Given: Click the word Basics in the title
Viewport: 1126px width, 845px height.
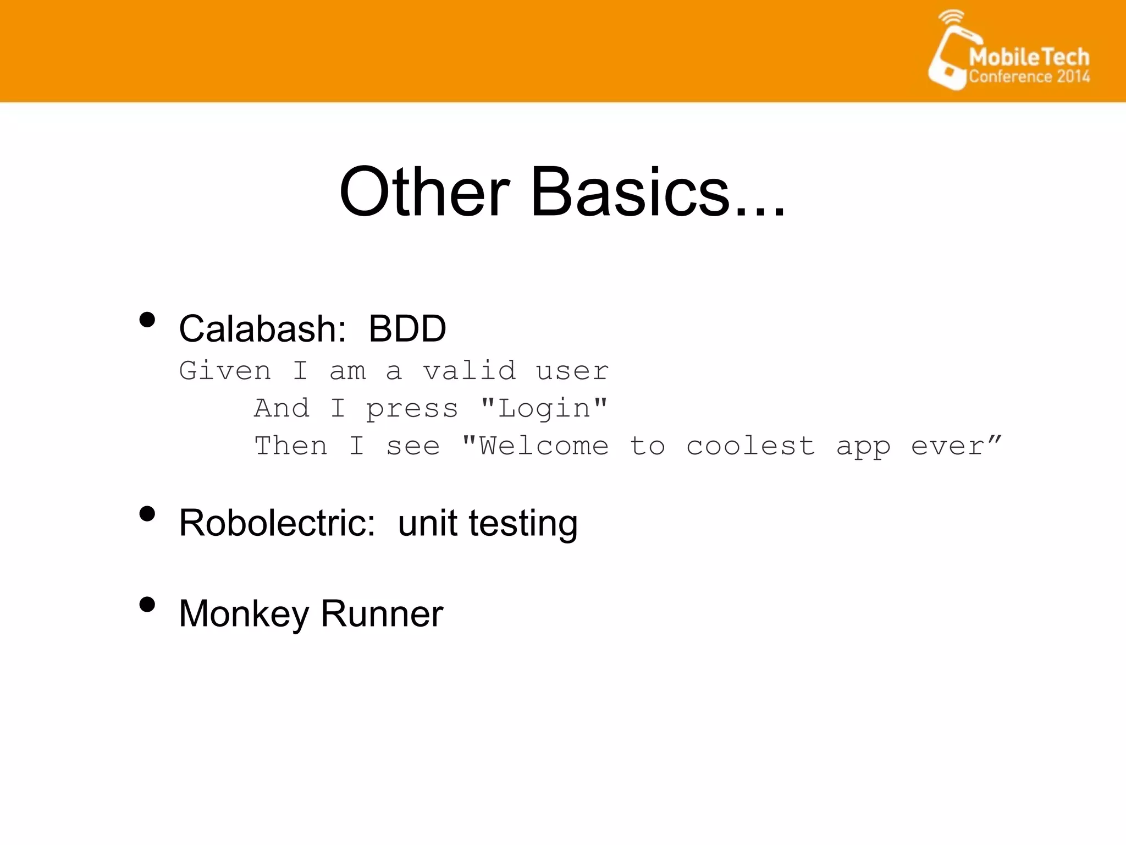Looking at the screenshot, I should pyautogui.click(x=630, y=193).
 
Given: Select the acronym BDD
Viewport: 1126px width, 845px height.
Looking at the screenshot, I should pyautogui.click(x=407, y=329).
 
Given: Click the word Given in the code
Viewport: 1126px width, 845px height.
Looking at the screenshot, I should pyautogui.click(x=225, y=371).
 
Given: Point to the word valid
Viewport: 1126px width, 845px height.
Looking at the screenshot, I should pyautogui.click(x=470, y=371).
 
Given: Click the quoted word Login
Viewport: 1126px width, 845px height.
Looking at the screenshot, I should pyautogui.click(x=544, y=409).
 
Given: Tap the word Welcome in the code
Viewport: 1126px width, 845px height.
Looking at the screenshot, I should pyautogui.click(x=544, y=446).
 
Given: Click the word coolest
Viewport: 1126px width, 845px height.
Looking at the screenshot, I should pyautogui.click(x=750, y=446).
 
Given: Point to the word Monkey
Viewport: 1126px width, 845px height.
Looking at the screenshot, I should pyautogui.click(x=244, y=614).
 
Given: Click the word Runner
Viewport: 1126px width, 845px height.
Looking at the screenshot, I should pyautogui.click(x=382, y=613).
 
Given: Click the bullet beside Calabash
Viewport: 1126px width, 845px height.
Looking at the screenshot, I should pyautogui.click(x=147, y=320).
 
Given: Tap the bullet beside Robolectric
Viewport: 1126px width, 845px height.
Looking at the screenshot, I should pyautogui.click(x=147, y=514).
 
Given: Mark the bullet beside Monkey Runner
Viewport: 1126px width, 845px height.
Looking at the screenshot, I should pyautogui.click(x=147, y=605).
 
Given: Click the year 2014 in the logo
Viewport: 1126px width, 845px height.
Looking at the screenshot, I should pyautogui.click(x=1073, y=76).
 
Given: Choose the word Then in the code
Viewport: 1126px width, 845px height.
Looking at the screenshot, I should pyautogui.click(x=291, y=446).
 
